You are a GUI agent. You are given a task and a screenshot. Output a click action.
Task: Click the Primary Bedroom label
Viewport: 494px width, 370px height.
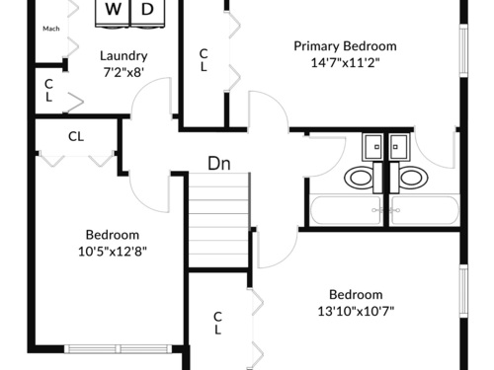345,46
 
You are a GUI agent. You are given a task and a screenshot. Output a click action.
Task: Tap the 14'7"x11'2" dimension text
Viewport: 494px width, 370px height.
345,62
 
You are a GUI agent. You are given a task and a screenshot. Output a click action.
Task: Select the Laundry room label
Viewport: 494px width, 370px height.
123,56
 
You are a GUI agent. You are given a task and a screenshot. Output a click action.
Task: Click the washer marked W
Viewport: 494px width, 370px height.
113,13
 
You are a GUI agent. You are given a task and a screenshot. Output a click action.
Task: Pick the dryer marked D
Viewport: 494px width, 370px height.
148,13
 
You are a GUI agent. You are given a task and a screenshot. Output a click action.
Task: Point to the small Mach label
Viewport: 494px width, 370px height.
51,29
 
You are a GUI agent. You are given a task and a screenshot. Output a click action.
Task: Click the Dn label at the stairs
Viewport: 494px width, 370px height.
219,163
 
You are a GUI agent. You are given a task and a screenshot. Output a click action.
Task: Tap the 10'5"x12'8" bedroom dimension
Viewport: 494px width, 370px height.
113,252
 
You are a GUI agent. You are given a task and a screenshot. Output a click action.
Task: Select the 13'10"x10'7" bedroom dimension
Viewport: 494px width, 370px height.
356,311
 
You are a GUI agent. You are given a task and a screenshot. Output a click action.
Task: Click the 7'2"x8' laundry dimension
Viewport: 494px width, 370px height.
123,72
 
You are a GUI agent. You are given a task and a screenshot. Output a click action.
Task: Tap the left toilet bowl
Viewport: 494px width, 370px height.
359,178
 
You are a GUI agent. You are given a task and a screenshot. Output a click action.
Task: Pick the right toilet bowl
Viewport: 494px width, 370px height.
413,178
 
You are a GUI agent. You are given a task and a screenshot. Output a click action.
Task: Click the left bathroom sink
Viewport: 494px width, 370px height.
372,147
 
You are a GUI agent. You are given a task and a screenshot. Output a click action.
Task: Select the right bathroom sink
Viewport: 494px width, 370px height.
399,147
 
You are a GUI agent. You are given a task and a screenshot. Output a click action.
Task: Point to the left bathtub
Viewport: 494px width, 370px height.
346,210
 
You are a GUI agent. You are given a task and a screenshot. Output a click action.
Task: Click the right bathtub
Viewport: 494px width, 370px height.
424,210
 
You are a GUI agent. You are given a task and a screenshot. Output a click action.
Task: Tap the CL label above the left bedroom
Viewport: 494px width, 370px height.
76,136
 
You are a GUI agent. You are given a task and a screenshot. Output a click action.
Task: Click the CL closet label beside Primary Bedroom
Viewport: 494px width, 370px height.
204,60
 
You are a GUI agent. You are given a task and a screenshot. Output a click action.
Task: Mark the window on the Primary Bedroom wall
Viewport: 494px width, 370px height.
463,50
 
